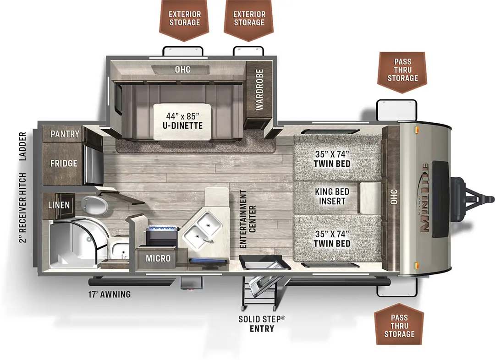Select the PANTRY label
click(x=65, y=134)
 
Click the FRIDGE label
click(x=64, y=163)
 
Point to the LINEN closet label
click(x=59, y=205)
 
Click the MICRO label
click(x=158, y=258)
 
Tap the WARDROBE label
click(x=259, y=90)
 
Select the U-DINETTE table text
click(x=182, y=121)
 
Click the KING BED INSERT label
click(x=332, y=196)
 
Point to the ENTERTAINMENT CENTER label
click(x=247, y=219)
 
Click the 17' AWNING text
click(x=109, y=295)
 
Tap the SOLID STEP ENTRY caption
click(x=262, y=324)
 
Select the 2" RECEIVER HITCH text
click(x=22, y=207)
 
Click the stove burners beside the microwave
click(x=161, y=235)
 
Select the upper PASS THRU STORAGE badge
click(x=402, y=72)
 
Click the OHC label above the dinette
click(x=182, y=70)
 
